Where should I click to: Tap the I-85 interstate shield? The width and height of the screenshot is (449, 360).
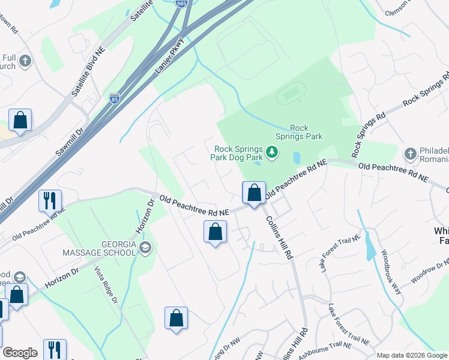[115, 98]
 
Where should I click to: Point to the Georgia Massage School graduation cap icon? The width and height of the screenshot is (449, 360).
[145, 247]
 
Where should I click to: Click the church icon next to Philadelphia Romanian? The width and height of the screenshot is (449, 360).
[411, 153]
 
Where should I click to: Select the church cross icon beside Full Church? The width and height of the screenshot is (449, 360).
[25, 61]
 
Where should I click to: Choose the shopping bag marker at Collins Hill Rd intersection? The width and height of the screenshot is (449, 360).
[254, 193]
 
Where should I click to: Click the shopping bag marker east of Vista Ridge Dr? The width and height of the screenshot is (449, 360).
[176, 318]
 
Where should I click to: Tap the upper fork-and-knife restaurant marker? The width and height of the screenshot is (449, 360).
[50, 200]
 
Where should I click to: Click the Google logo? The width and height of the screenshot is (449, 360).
[20, 353]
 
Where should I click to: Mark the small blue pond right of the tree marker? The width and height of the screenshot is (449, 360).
[297, 158]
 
